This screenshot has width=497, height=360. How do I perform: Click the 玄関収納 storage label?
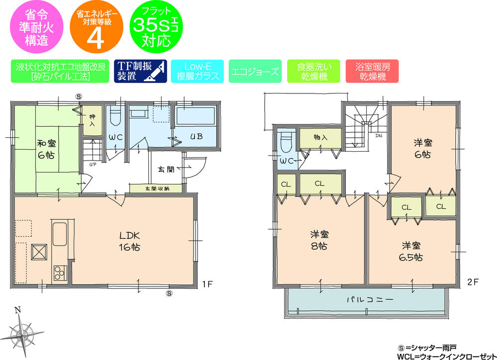pos(157,188)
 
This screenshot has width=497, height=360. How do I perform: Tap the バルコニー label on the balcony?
pos(364,300)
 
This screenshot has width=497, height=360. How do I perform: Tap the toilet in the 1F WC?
pos(115,117)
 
